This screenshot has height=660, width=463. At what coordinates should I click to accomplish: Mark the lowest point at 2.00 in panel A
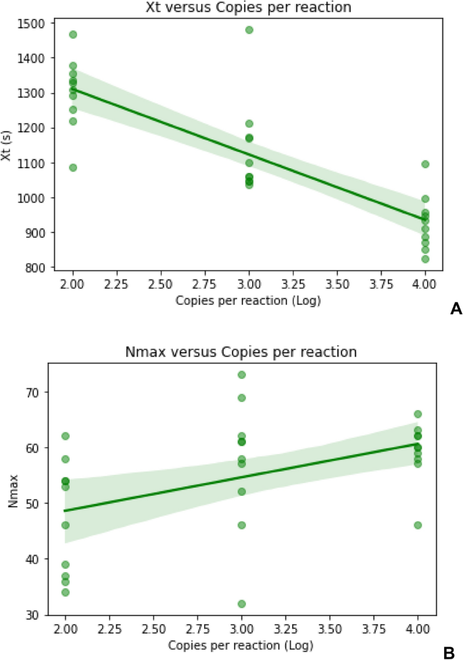(73, 168)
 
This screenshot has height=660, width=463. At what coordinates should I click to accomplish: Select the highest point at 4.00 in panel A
(425, 164)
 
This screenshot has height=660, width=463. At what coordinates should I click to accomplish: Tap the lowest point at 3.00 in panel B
(241, 604)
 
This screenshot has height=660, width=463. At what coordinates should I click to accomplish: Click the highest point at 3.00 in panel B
(241, 375)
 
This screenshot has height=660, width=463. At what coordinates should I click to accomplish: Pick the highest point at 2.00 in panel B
(66, 436)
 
